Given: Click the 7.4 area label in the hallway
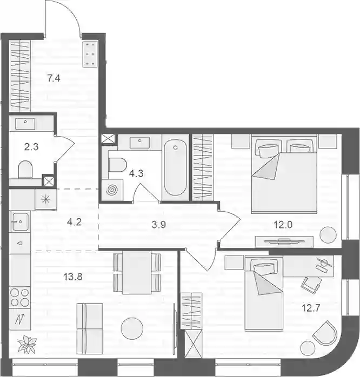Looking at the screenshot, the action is tap(54, 78).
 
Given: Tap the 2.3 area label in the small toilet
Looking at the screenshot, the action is tap(31, 146).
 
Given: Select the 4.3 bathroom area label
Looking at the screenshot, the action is tap(136, 173).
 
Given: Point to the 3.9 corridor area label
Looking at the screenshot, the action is tap(159, 225).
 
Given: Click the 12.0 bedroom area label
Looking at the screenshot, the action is tap(283, 225).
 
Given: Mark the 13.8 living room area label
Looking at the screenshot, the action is tap(73, 277).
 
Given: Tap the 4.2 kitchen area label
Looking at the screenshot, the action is tap(74, 222).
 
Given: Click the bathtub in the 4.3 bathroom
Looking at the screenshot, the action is tap(175, 167).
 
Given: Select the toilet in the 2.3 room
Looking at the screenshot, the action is tap(25, 170).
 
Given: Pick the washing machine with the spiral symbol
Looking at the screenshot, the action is tap(112, 190).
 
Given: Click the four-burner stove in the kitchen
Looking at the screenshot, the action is tap(20, 298).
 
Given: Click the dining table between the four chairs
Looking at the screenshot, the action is tap(137, 272).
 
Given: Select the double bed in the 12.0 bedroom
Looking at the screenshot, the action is tap(284, 174).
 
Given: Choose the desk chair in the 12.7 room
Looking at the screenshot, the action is tap(311, 285).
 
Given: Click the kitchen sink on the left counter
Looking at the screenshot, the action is tap(21, 221).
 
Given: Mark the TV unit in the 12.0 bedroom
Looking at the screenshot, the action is tap(284, 241).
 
